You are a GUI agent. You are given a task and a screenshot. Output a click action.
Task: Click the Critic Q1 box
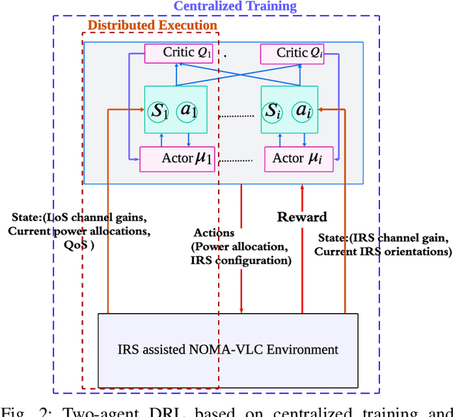click(x=178, y=53)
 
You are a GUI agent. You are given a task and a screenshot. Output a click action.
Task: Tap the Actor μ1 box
click(x=178, y=158)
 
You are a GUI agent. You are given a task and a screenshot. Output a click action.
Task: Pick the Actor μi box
click(x=292, y=158)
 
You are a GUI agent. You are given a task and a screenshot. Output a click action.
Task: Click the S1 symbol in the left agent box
click(x=159, y=111)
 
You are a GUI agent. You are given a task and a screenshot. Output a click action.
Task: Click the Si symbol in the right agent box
click(x=274, y=111)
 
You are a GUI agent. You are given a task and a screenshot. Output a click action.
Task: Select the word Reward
click(x=302, y=217)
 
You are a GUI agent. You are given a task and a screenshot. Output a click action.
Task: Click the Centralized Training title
click(x=234, y=6)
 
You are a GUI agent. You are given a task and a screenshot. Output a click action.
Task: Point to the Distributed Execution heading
click(x=152, y=25)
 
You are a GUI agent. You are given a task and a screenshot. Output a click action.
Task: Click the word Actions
click(x=214, y=233)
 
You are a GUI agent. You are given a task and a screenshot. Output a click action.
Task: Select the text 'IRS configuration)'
click(x=241, y=260)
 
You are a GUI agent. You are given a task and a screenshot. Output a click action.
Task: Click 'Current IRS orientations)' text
click(x=382, y=251)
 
